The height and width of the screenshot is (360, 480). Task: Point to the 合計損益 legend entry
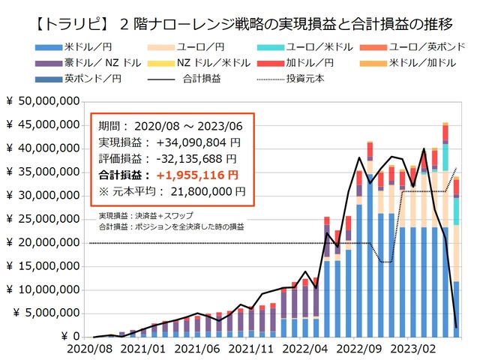coord(198,78)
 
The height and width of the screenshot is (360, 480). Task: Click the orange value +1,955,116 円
coord(198,175)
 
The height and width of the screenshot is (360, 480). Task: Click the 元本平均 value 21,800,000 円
coord(206,191)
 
